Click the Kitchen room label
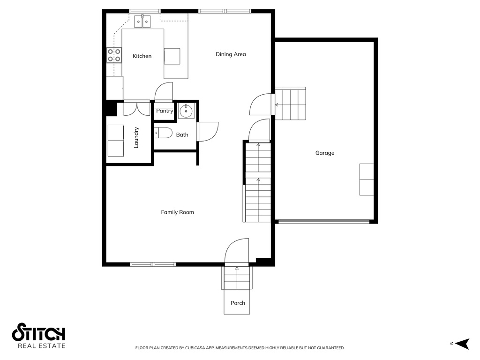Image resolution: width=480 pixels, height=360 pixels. (142, 56)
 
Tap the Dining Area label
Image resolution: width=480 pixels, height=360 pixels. (231, 54)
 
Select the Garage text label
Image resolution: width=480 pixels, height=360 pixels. (324, 153)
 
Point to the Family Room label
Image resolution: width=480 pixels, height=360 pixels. (177, 212)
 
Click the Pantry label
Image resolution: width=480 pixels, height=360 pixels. (165, 111)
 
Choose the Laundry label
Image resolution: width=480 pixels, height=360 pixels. (136, 137)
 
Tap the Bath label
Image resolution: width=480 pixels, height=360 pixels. (182, 135)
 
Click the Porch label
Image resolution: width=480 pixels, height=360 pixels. (238, 303)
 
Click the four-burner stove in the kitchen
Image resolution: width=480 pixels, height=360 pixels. (114, 55)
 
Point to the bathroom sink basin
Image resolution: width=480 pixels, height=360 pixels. (186, 111)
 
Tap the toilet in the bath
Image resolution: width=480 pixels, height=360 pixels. (163, 133)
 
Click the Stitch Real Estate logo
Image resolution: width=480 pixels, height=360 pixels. (38, 336)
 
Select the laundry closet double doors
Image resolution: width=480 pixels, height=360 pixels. (136, 108)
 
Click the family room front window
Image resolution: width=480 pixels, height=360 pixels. (153, 264)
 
